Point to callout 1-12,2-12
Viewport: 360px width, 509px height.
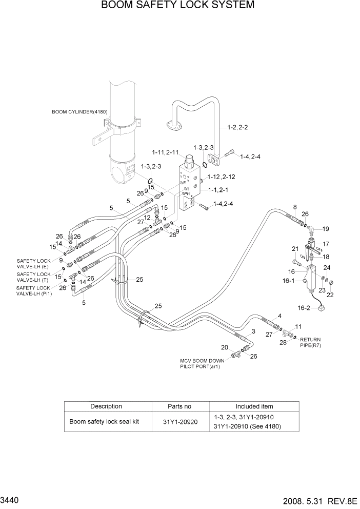click(x=221, y=177)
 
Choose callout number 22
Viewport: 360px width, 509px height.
click(x=330, y=295)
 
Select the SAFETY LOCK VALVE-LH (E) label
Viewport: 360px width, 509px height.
click(x=33, y=263)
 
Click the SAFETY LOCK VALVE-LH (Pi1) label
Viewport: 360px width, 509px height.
click(x=34, y=290)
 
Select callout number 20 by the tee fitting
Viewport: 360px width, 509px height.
click(x=225, y=347)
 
